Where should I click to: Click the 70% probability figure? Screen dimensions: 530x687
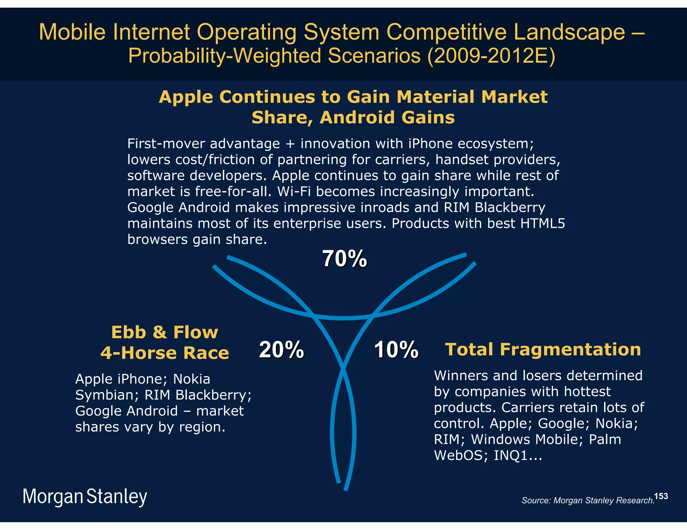(345, 259)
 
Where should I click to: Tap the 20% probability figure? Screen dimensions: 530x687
(281, 350)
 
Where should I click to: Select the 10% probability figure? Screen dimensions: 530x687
(396, 350)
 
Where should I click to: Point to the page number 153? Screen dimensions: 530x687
(661, 496)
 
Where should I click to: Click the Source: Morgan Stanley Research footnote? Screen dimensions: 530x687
(588, 501)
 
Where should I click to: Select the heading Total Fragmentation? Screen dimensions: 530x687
(543, 349)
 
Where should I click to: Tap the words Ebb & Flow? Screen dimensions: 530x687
(164, 332)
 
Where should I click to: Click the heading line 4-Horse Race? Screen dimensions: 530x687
(164, 353)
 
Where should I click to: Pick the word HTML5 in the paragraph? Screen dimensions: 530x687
(542, 223)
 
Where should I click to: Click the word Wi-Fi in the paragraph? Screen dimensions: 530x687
(294, 192)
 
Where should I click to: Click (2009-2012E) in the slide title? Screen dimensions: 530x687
(491, 56)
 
